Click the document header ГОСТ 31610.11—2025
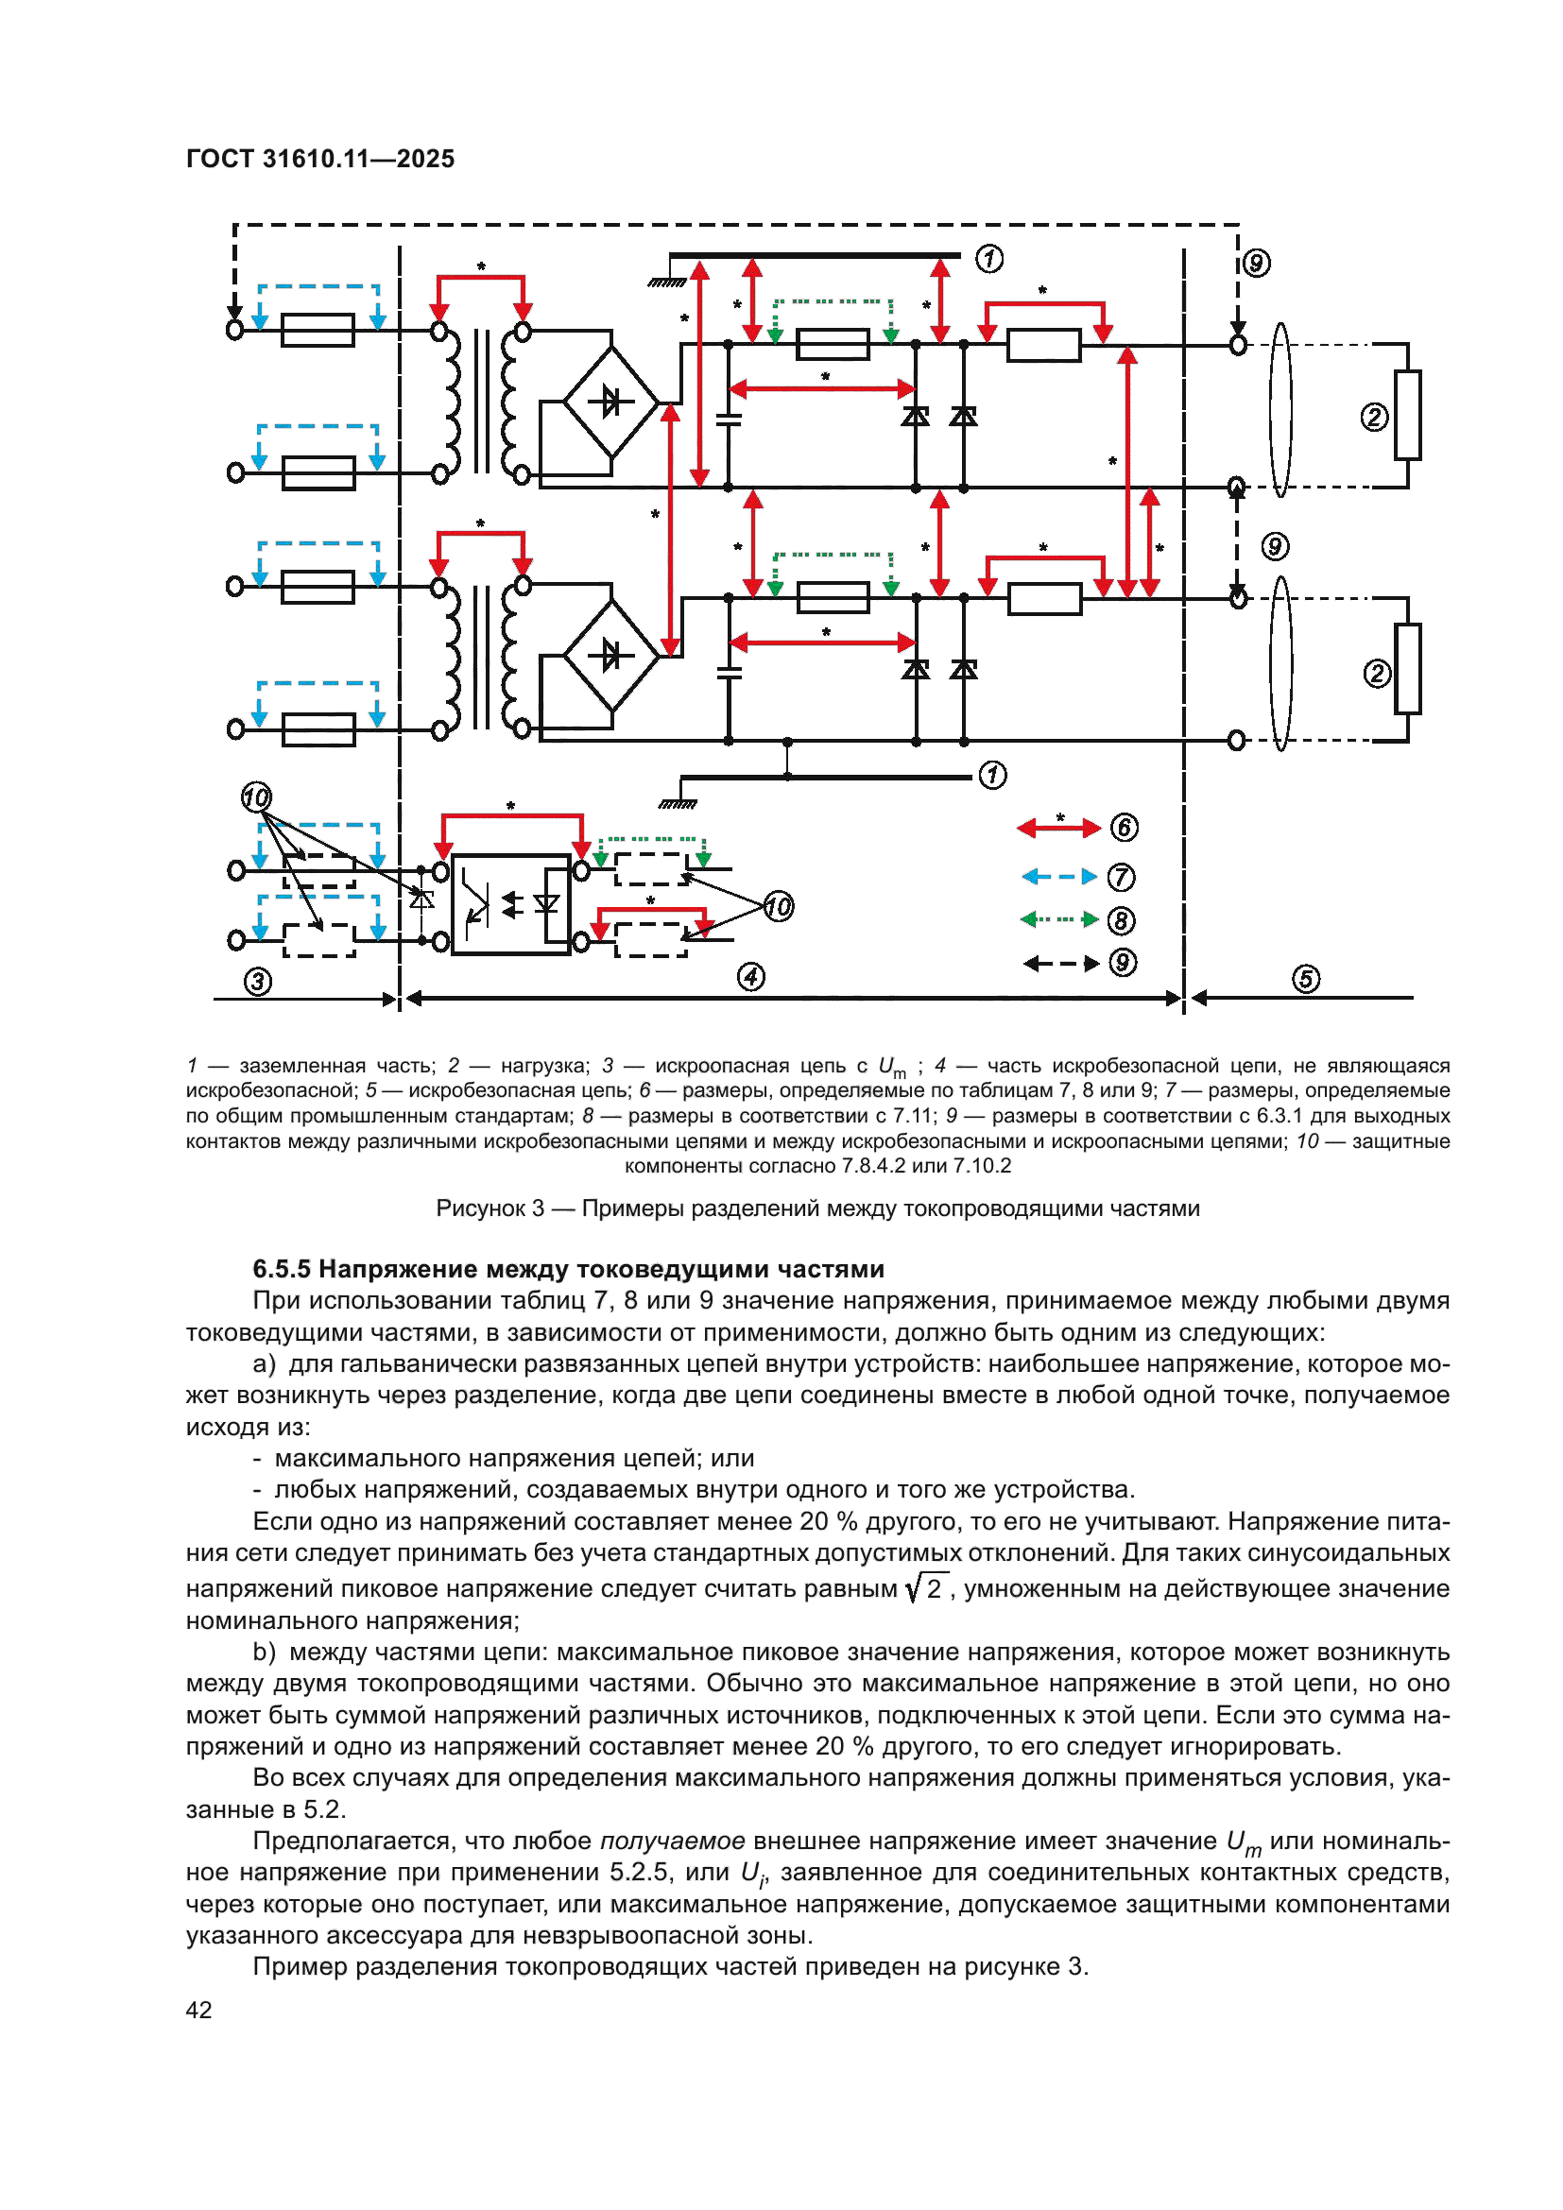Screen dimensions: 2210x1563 click(319, 159)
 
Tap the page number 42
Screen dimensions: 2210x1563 click(198, 2010)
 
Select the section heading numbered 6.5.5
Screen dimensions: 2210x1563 click(568, 1269)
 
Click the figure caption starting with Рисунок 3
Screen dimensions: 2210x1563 click(817, 1208)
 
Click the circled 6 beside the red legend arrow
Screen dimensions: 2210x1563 click(1124, 828)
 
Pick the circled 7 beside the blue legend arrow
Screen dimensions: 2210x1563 click(1121, 877)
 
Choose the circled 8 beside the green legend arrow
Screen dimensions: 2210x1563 click(1121, 921)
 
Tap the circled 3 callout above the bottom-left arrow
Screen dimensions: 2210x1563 click(257, 982)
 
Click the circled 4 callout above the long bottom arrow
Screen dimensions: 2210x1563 click(750, 977)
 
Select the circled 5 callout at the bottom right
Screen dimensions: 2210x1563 click(1305, 979)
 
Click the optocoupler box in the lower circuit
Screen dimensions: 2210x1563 click(510, 904)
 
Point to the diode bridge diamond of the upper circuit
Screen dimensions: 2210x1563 click(610, 402)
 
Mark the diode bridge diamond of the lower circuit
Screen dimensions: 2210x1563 click(610, 657)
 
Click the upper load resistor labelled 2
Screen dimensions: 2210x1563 click(1407, 415)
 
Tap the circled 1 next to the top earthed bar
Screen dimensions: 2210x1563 click(988, 259)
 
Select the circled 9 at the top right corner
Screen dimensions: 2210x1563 click(1256, 263)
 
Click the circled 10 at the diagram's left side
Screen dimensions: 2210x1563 click(256, 798)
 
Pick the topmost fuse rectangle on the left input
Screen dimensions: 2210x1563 click(318, 330)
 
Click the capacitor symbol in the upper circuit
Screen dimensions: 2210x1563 click(729, 419)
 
